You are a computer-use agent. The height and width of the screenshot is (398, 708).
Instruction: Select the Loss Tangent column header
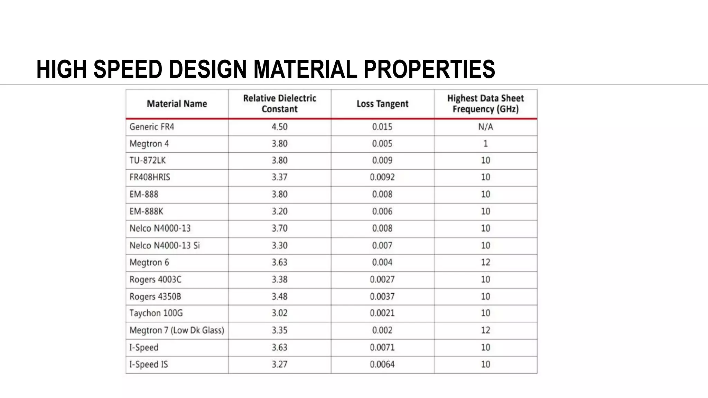(x=382, y=104)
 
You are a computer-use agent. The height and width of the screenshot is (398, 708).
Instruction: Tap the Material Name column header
(x=177, y=104)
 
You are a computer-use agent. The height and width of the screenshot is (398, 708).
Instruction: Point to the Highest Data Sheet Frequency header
(x=485, y=104)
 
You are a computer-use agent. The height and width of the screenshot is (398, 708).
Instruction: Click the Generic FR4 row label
(x=152, y=127)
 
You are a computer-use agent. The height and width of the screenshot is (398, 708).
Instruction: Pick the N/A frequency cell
(x=485, y=127)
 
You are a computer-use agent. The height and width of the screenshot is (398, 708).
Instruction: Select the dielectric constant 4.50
(x=279, y=127)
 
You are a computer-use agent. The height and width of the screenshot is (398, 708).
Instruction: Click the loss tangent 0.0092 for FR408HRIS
(x=382, y=177)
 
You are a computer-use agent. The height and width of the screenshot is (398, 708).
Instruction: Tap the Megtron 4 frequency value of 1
(x=485, y=143)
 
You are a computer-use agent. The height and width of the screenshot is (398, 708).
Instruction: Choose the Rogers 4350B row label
(x=155, y=296)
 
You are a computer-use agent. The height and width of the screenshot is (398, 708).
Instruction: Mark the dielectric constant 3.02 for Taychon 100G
(x=279, y=313)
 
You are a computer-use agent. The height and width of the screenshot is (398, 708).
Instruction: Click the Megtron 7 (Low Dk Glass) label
(x=177, y=330)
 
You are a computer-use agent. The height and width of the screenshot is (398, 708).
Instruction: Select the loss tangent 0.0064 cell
(x=382, y=364)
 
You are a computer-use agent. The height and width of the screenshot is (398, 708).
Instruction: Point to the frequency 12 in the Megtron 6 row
(x=485, y=262)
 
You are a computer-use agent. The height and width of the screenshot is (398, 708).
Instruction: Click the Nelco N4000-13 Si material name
(x=165, y=246)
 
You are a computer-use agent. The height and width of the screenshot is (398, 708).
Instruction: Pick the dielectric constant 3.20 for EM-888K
(x=279, y=211)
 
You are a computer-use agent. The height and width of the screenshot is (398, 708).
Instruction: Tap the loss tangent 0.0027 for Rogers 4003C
(x=382, y=279)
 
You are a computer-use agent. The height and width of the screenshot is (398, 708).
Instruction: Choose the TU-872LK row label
(x=148, y=160)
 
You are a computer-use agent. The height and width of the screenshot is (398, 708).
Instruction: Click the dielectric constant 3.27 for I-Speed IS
(x=279, y=364)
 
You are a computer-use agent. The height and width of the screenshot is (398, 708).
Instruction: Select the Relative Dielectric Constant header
(x=279, y=104)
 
